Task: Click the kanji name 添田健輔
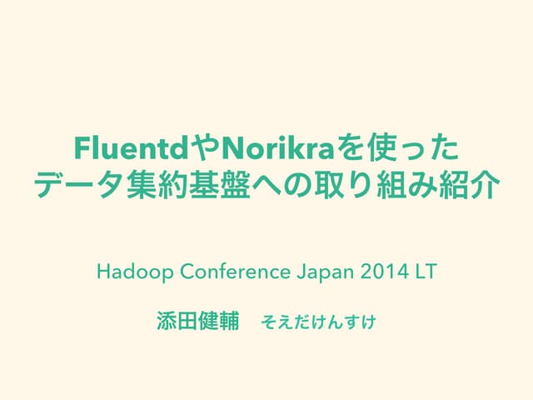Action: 197,320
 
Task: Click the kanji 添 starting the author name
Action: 165,320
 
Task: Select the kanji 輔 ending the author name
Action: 228,320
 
